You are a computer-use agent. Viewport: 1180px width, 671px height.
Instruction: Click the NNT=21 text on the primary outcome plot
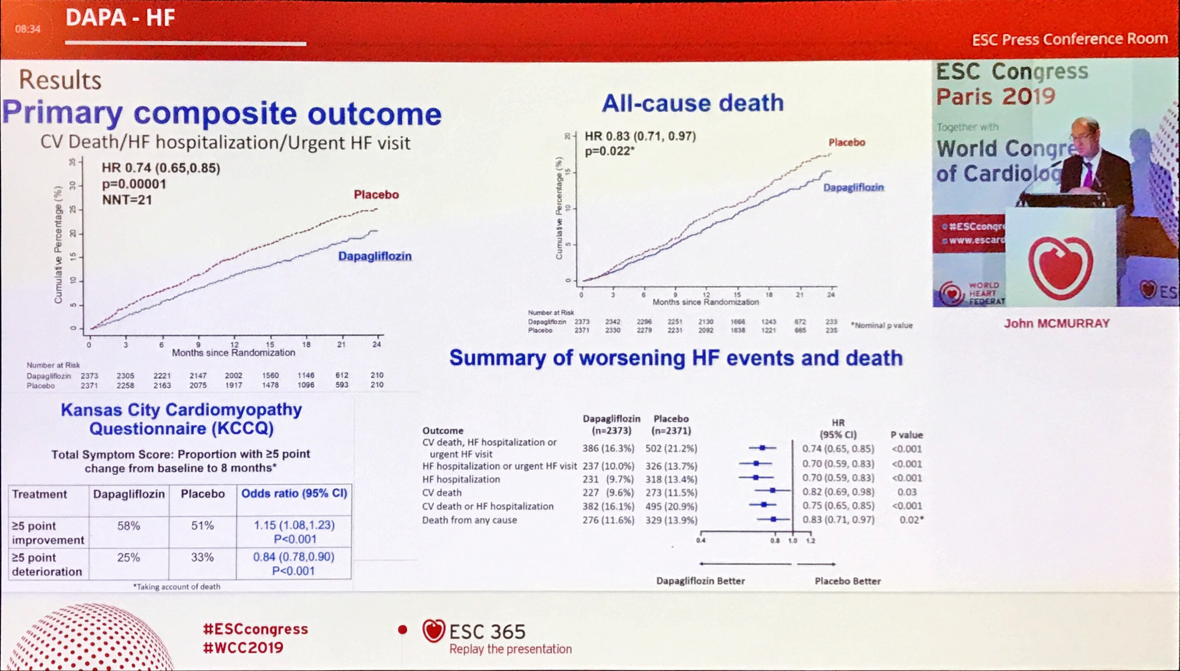click(x=127, y=200)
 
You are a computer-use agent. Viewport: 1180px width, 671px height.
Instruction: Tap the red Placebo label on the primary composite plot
click(x=376, y=194)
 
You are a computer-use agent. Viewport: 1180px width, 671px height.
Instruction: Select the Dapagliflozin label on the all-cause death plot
click(x=853, y=187)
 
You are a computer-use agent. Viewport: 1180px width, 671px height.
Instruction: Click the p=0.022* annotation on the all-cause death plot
click(x=609, y=151)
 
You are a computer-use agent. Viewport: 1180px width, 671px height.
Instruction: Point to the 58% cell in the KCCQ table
click(x=129, y=526)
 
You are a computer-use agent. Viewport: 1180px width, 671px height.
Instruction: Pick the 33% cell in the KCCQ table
click(x=202, y=557)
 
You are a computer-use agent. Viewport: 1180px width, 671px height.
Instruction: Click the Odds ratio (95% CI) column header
click(x=294, y=494)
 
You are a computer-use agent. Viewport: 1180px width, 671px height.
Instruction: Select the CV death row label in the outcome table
click(x=442, y=493)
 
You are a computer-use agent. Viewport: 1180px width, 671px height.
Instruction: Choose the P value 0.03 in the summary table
click(x=907, y=492)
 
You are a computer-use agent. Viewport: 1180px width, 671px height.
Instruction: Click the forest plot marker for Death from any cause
click(x=773, y=519)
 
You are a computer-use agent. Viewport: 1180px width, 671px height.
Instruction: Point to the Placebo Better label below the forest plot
click(x=848, y=581)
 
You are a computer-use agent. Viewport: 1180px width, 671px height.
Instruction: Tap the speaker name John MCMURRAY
click(x=1057, y=324)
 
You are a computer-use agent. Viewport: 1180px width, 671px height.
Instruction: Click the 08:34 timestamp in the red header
click(x=28, y=29)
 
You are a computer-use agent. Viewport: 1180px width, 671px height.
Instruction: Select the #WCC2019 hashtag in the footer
click(x=243, y=647)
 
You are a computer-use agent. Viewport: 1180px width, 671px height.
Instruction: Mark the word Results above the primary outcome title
click(x=60, y=80)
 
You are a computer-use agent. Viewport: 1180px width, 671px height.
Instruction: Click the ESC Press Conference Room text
click(x=1070, y=39)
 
